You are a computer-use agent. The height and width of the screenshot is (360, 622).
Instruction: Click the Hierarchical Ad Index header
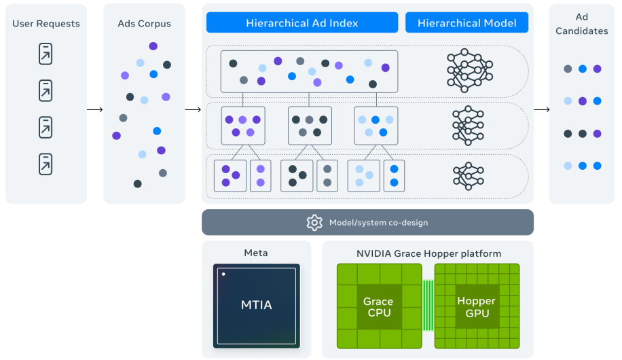click(302, 22)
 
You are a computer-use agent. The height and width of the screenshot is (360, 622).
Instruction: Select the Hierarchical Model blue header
click(466, 22)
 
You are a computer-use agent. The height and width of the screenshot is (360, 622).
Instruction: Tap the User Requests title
click(46, 24)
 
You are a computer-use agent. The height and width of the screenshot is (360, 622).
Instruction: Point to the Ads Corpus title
click(145, 24)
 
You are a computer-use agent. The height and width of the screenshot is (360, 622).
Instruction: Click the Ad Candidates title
click(581, 24)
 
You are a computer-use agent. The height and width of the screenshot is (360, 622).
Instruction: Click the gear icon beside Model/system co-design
click(314, 222)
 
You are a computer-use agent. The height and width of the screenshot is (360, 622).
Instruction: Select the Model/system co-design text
click(378, 222)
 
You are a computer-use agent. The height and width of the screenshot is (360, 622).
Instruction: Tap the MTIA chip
click(256, 305)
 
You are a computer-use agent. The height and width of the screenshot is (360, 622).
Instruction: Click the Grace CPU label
click(378, 307)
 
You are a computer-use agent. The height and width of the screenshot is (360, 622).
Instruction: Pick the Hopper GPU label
click(476, 307)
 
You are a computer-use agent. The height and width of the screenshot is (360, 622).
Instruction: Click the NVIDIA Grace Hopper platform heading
click(428, 253)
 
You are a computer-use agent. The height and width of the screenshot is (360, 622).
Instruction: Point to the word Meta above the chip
click(256, 253)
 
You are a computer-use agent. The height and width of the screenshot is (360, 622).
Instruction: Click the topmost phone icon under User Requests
click(45, 54)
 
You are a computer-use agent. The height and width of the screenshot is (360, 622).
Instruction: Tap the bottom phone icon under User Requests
click(45, 164)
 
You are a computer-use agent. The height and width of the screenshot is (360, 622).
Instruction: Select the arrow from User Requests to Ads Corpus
click(95, 109)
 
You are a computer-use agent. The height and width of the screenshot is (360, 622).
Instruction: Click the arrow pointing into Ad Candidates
click(541, 109)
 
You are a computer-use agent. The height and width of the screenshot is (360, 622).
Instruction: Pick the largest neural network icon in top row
click(470, 71)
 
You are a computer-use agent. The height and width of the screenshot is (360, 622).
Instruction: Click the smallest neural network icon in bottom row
click(469, 175)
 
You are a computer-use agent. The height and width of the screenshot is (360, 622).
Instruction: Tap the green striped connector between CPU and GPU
click(428, 306)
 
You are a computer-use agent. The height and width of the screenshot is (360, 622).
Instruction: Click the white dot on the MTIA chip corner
click(223, 274)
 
